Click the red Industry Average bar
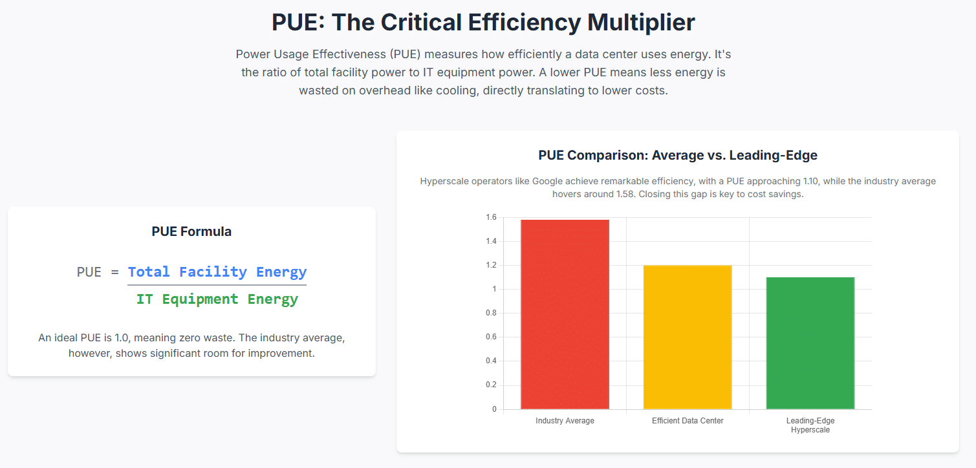coord(565,314)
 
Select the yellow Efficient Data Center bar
coord(688,337)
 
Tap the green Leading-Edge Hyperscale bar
coord(810,343)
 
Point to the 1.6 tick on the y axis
coord(491,217)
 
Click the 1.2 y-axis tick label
coord(491,265)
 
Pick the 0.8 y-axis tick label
coord(491,313)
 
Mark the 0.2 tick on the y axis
coord(491,385)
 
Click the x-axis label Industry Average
coord(565,421)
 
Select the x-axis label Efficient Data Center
coord(688,421)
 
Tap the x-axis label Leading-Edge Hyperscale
coord(810,425)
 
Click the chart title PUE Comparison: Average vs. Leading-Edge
coord(678,155)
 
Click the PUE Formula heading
coord(191,231)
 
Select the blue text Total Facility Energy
coord(217,272)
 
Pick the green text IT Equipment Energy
coord(217,299)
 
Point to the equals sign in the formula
coord(114,272)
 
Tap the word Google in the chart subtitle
coord(547,181)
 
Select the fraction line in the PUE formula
coord(217,284)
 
